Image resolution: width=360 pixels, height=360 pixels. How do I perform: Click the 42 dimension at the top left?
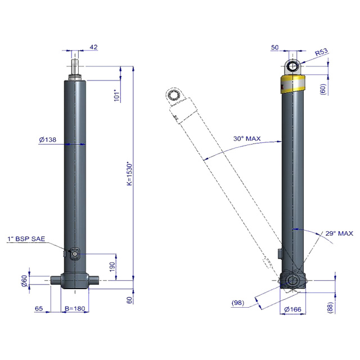click(x=93, y=47)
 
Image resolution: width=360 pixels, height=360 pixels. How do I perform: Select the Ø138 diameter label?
click(x=47, y=139)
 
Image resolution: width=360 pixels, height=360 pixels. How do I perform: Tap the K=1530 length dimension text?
click(x=130, y=174)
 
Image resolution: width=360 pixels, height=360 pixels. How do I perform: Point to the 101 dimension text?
click(x=117, y=96)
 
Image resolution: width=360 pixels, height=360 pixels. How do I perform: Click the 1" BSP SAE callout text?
click(x=26, y=238)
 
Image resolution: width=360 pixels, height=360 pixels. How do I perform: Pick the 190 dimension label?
click(x=112, y=267)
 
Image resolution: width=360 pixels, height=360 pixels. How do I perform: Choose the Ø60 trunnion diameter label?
click(x=24, y=281)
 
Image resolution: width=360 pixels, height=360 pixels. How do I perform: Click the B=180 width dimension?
click(x=75, y=308)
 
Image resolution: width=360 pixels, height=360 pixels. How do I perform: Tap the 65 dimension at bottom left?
click(x=39, y=308)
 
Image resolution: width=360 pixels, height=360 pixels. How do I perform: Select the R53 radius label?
click(x=321, y=52)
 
